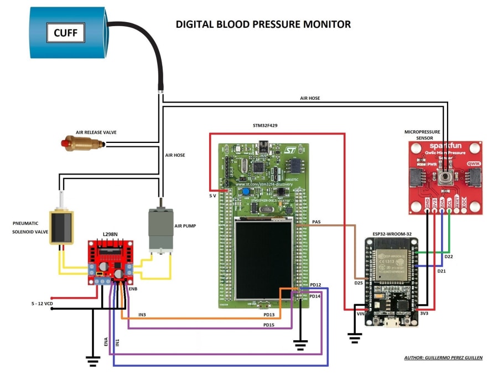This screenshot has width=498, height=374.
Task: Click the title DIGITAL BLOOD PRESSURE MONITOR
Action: pyautogui.click(x=263, y=24)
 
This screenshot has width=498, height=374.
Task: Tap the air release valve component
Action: pyautogui.click(x=83, y=144)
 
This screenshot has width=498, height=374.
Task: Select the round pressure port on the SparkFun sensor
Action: pyautogui.click(x=443, y=177)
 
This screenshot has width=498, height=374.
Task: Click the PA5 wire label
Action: pyautogui.click(x=317, y=222)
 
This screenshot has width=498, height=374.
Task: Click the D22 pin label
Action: pyautogui.click(x=449, y=257)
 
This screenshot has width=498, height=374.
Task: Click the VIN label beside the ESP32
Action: pyautogui.click(x=360, y=313)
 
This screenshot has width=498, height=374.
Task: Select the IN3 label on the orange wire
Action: pyautogui.click(x=143, y=315)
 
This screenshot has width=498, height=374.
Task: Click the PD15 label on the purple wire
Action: pyautogui.click(x=269, y=325)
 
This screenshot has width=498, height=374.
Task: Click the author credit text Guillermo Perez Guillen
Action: pyautogui.click(x=443, y=358)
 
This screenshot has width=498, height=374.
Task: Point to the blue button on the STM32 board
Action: pyautogui.click(x=245, y=192)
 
